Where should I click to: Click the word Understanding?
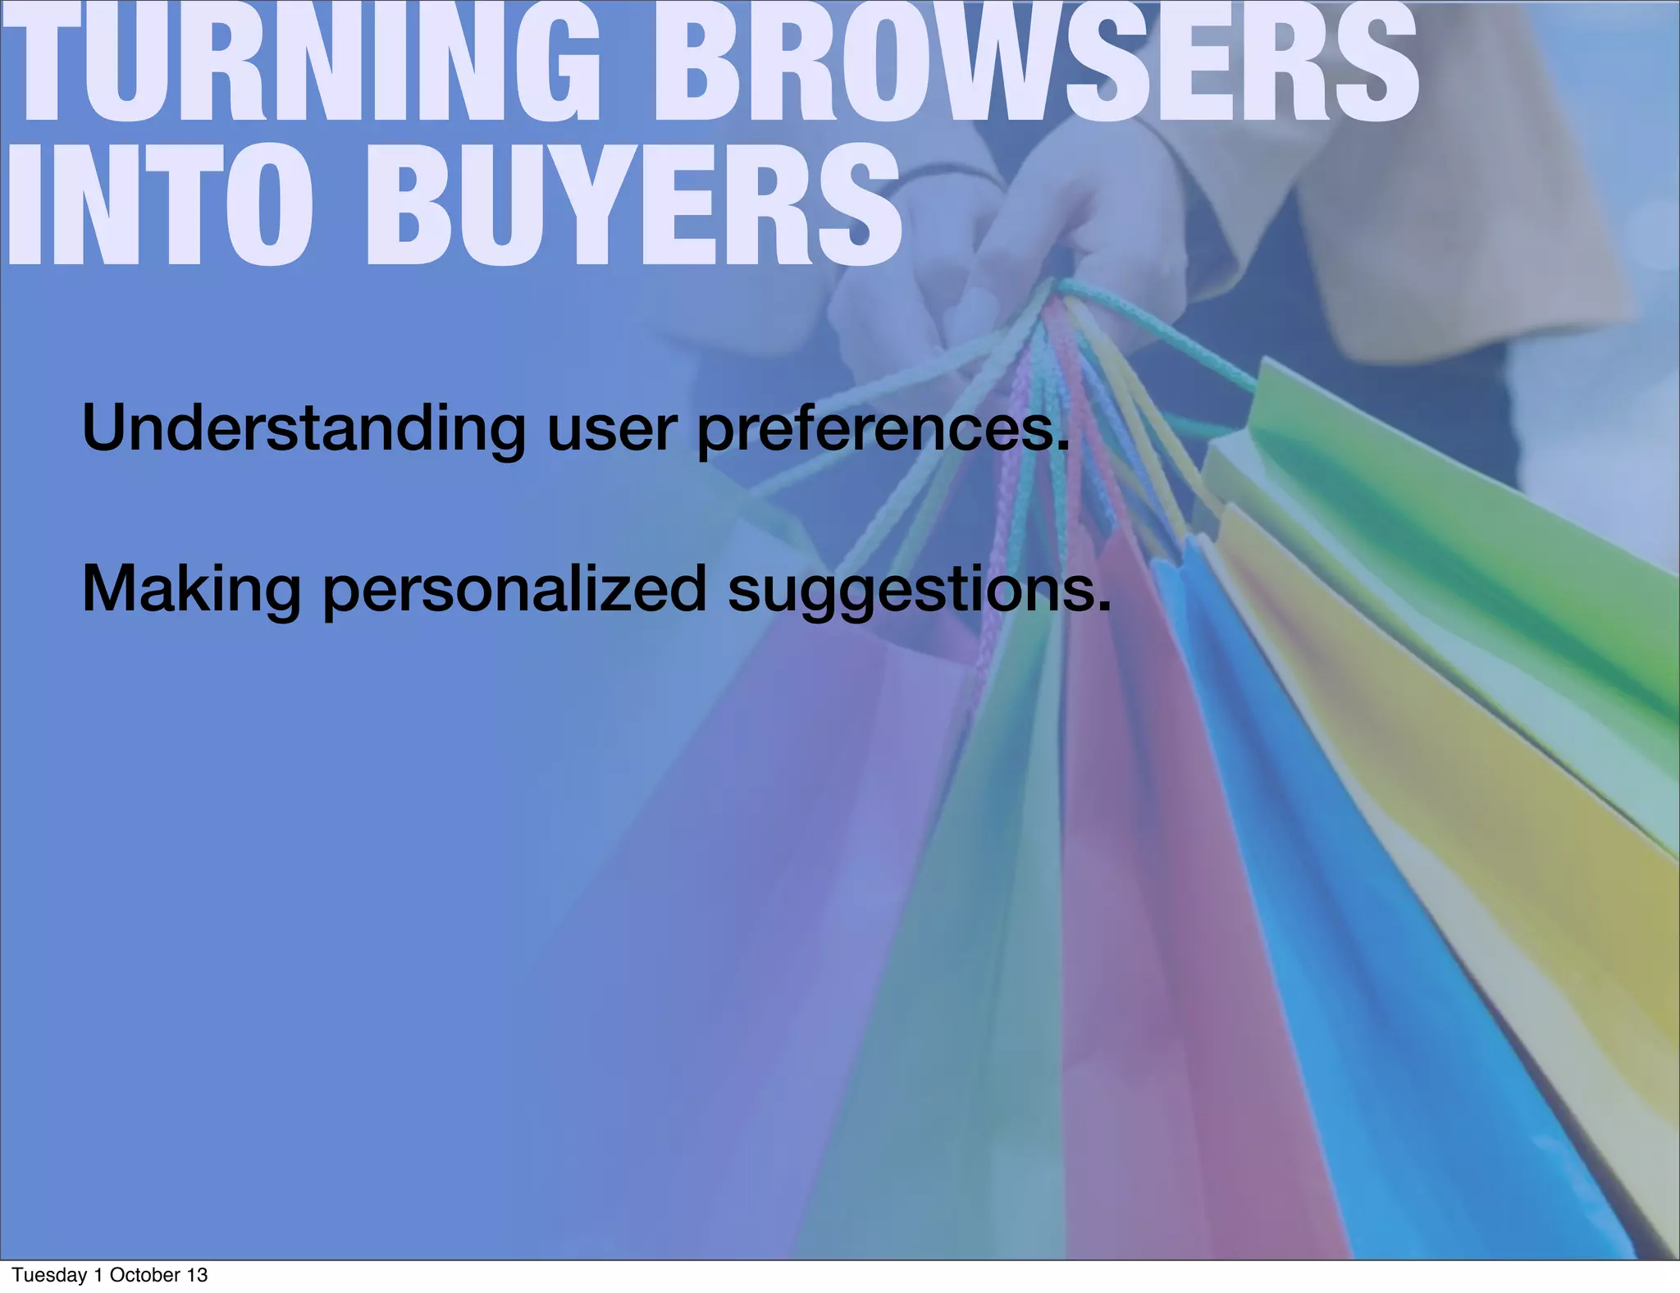pos(304,429)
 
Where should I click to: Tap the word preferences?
pos(878,429)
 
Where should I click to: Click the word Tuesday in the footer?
pos(49,1275)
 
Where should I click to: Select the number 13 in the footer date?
pos(197,1275)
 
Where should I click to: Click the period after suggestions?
pos(1104,607)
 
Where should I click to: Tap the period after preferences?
pos(1063,447)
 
